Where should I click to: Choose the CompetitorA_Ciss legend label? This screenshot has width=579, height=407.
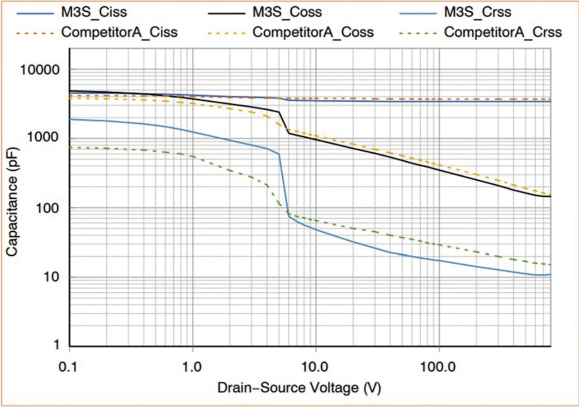coord(119,33)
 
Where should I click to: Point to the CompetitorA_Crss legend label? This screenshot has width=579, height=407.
coord(503,33)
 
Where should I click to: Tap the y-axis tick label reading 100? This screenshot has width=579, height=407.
coord(47,208)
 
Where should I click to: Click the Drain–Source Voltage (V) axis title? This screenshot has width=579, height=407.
coord(302,388)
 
